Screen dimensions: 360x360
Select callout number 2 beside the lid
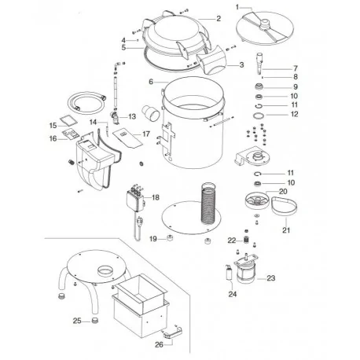pyautogui.click(x=219, y=17)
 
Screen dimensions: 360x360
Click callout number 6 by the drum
pyautogui.click(x=149, y=83)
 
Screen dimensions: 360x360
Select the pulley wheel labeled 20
pyautogui.click(x=253, y=206)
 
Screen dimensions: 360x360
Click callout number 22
pyautogui.click(x=232, y=240)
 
